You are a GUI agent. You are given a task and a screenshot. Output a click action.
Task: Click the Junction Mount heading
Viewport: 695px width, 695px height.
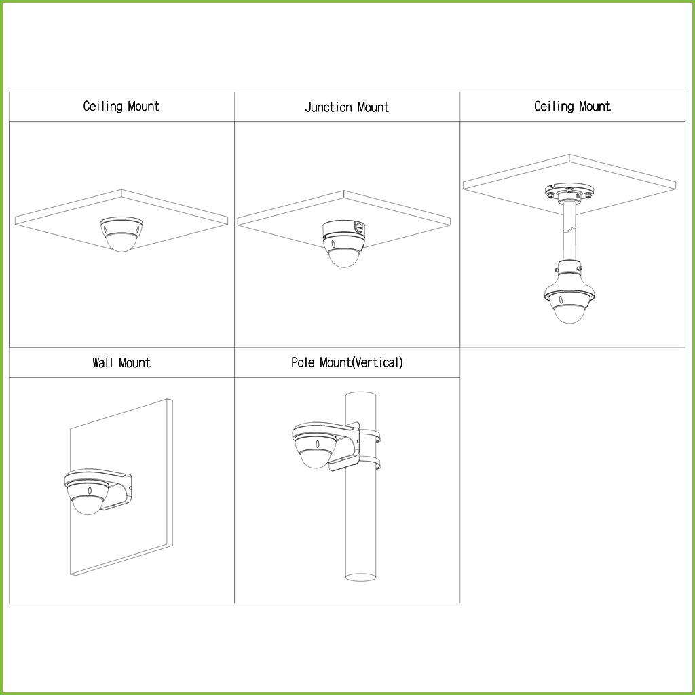(347, 107)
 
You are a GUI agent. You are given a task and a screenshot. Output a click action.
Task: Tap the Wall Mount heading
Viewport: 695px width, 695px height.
(121, 363)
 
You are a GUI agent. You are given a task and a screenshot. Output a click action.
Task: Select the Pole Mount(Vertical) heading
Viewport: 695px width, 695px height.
(347, 362)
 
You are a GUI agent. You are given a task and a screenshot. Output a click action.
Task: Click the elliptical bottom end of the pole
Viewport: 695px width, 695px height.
(361, 577)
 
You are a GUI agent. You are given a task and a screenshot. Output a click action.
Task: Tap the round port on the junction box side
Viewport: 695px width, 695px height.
(360, 227)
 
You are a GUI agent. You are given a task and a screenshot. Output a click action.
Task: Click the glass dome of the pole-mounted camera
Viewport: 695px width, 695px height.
(316, 459)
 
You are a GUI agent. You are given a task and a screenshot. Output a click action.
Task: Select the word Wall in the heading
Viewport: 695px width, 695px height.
(103, 363)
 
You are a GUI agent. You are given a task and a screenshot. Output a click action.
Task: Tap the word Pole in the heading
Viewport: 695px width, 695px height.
(303, 362)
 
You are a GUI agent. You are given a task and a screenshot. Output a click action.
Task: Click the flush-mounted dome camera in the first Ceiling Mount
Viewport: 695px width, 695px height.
(121, 233)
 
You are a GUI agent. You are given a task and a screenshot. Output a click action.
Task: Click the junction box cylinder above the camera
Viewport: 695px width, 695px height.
(343, 231)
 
